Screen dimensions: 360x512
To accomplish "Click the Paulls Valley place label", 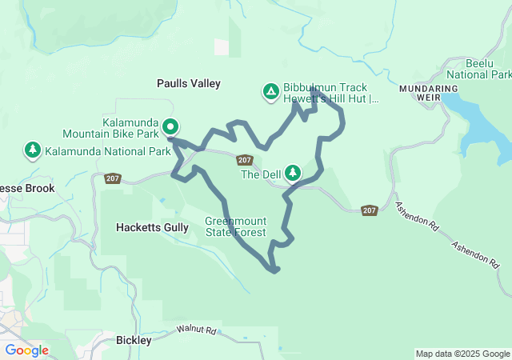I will coord(188,83).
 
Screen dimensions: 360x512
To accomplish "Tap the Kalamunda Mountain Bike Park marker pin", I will coord(170,126).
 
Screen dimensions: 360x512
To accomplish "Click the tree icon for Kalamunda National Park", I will coord(33,150).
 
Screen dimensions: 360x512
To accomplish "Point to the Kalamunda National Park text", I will coord(108,151).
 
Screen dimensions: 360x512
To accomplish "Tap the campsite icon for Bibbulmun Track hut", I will coord(271,91).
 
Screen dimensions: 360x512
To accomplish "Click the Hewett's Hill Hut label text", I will coord(330,99).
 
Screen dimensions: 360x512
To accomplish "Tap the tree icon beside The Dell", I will coord(294,172).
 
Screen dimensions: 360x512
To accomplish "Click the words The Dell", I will coord(261,174).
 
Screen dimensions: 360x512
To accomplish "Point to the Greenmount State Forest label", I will coord(234,227).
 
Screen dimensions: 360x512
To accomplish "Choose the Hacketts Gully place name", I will coord(152,227).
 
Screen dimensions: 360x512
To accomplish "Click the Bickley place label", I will coord(134,340).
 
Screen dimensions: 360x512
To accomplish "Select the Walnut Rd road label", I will coord(197,330).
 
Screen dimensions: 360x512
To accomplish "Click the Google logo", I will coord(27,350).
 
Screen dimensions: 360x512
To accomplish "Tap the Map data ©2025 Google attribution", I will coord(462,354).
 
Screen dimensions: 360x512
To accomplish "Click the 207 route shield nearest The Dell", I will coord(245,160).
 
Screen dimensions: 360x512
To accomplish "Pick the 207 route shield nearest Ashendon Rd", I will coord(369,210).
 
